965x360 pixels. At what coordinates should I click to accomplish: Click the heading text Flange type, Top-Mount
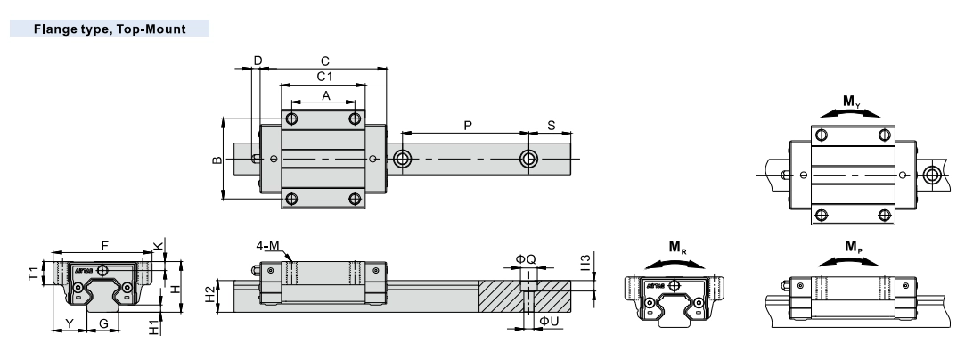point(110,29)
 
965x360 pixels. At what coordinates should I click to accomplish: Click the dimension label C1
point(324,78)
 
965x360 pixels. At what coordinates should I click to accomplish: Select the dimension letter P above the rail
point(468,126)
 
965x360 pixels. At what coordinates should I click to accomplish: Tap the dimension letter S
point(551,126)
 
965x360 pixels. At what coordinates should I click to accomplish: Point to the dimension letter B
point(217,160)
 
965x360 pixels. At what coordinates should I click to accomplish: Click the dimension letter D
point(258,61)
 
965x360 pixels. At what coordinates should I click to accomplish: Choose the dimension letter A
point(325,95)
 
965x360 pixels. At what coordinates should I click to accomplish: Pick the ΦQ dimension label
point(526,259)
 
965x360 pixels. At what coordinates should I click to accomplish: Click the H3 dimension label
point(585,263)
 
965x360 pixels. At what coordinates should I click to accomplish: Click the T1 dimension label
point(33,272)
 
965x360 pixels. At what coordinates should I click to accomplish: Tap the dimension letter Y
point(69,323)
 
